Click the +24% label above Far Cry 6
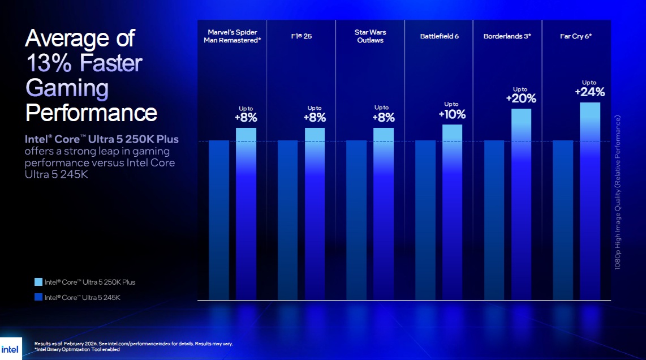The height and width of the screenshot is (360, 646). [590, 92]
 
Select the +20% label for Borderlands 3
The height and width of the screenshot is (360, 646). [520, 98]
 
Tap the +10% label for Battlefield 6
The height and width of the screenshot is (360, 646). [452, 114]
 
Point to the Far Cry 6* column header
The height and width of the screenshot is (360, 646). [576, 36]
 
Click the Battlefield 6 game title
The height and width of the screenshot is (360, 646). [439, 36]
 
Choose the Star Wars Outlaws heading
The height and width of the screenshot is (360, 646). [370, 36]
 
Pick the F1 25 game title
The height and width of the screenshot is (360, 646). [300, 36]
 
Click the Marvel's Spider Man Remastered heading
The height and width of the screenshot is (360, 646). [232, 36]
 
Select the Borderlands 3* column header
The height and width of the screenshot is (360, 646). [507, 36]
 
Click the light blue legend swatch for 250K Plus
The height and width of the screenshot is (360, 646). [38, 282]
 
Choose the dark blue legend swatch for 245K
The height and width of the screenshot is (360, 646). [38, 297]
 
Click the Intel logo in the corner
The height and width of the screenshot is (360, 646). [10, 349]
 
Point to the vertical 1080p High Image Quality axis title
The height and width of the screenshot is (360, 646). [618, 192]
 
